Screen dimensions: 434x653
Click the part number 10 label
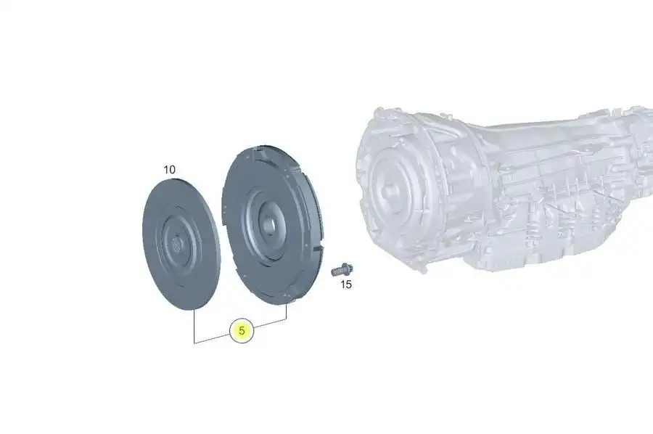[169, 170]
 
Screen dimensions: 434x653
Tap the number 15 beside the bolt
[346, 284]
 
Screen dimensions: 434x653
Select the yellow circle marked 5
[242, 331]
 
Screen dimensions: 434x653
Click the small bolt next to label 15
[340, 270]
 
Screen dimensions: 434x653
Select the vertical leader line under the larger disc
[287, 312]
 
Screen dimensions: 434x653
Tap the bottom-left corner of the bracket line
[194, 342]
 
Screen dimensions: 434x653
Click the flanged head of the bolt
[345, 269]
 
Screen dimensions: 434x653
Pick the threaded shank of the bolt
[335, 271]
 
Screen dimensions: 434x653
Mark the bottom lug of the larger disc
[288, 299]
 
